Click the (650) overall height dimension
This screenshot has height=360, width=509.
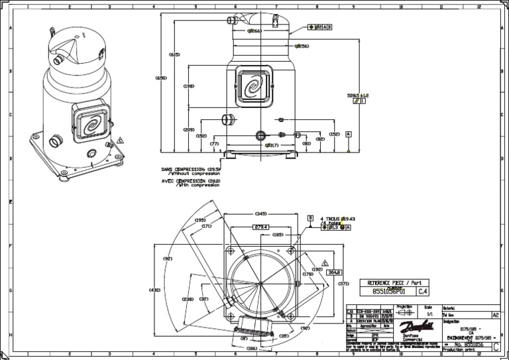click(x=161, y=78)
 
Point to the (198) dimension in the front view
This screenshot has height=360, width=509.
click(x=189, y=86)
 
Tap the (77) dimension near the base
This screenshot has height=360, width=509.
click(x=214, y=144)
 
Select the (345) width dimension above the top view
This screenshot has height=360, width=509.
click(x=260, y=213)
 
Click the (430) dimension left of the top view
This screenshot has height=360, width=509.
click(x=155, y=290)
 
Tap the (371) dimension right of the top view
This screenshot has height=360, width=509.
click(x=343, y=284)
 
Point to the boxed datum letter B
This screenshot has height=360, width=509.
click(x=310, y=217)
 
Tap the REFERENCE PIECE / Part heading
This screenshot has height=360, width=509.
click(x=394, y=282)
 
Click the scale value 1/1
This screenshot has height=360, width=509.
click(x=429, y=314)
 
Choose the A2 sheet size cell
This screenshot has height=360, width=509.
click(x=494, y=315)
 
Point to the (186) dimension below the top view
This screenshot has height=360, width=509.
click(x=252, y=348)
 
